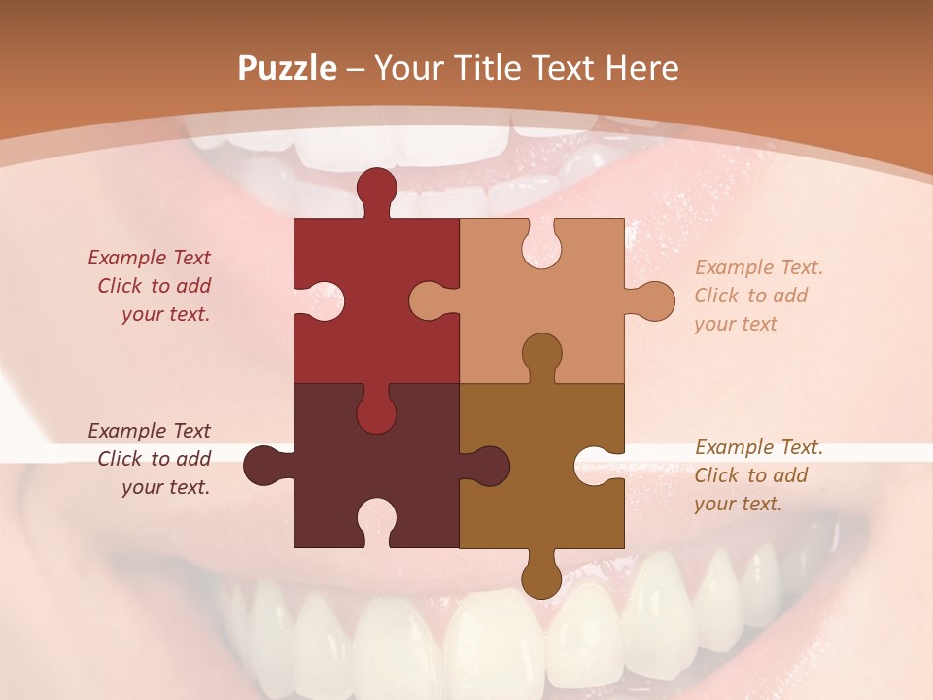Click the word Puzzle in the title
click(x=287, y=69)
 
